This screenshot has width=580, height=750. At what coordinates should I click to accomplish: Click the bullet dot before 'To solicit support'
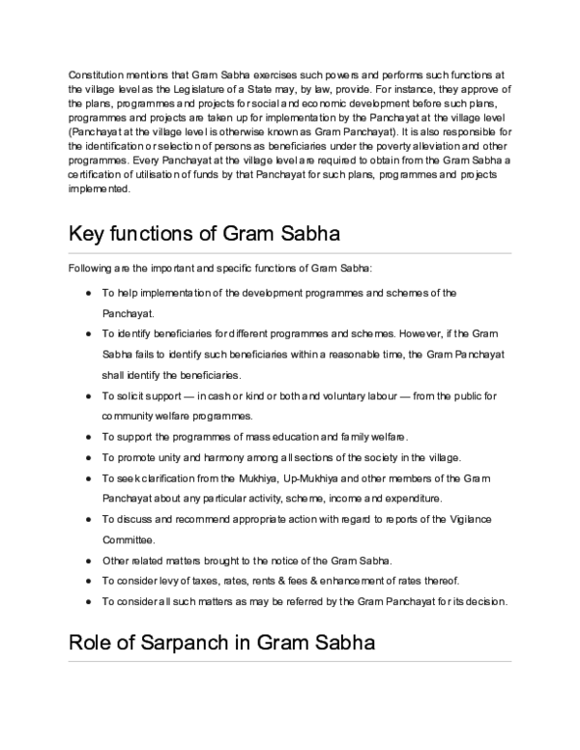pyautogui.click(x=88, y=396)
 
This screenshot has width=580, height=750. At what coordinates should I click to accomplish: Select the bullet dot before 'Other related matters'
pyautogui.click(x=88, y=560)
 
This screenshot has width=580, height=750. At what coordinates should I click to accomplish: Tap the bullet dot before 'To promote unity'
pyautogui.click(x=88, y=457)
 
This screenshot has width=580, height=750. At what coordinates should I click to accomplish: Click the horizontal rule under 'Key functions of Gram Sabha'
pyautogui.click(x=290, y=253)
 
